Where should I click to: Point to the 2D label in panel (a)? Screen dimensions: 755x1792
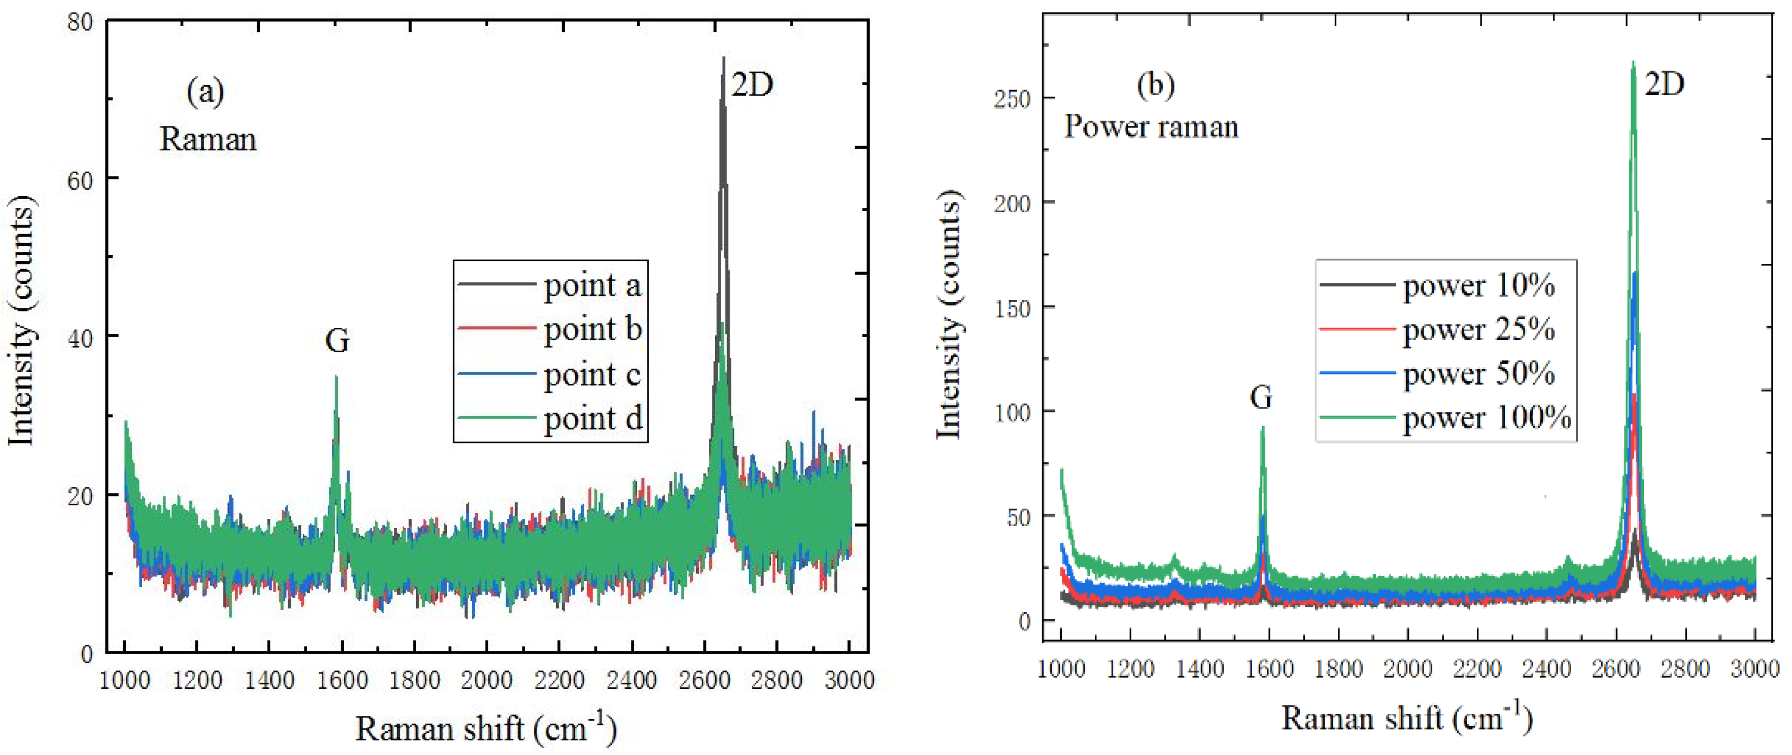coord(752,85)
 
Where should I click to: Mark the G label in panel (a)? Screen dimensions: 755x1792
coord(337,341)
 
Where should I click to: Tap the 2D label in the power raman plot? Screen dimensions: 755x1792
coord(1664,84)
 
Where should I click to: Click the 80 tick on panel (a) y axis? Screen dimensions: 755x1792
coord(80,22)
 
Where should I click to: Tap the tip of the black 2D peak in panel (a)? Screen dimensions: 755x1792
coord(724,59)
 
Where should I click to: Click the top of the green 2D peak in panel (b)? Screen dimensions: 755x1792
coord(1632,62)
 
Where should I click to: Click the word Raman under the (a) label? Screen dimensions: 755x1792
coord(208,139)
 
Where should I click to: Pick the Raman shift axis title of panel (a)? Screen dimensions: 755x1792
coord(486,728)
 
